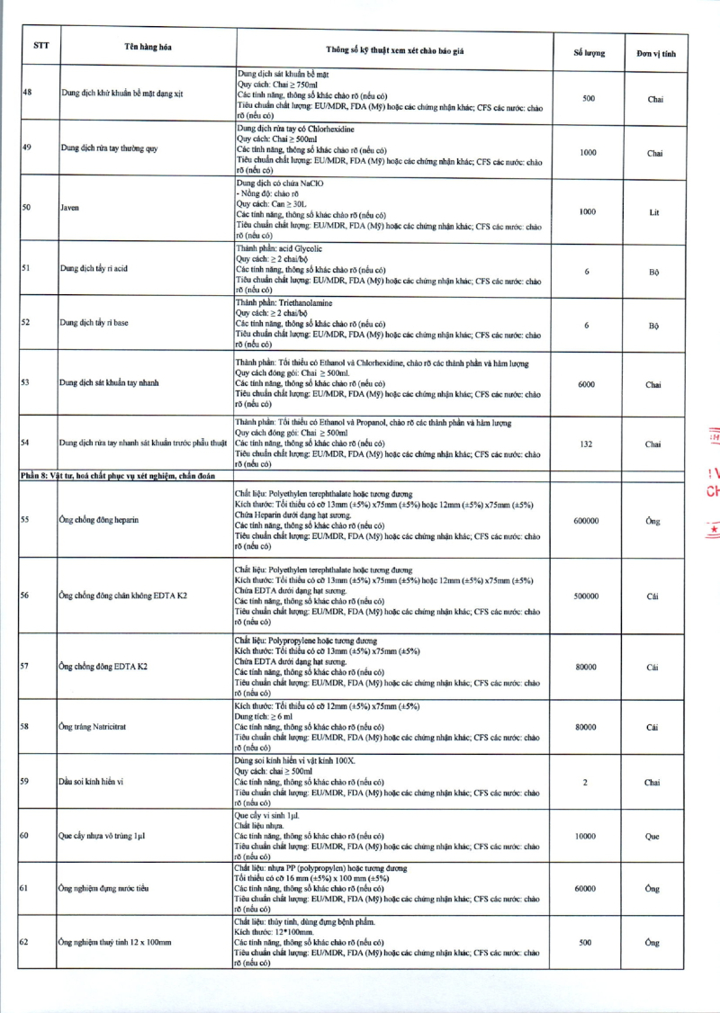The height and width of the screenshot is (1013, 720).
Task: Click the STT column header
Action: coord(40,46)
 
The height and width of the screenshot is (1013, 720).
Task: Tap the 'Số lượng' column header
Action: coord(589,53)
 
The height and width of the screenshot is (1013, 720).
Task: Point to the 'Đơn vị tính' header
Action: coord(655,53)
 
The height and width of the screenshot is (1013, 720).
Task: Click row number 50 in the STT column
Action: coord(26,207)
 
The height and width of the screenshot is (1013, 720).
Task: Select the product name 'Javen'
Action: coord(69,208)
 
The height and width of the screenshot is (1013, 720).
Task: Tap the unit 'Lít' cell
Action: coord(654,212)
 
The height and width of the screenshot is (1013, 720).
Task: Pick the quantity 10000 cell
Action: coord(585,836)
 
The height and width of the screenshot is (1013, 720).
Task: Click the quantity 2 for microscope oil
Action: coord(585,782)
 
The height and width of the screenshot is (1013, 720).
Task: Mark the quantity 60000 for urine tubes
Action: coord(585,888)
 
